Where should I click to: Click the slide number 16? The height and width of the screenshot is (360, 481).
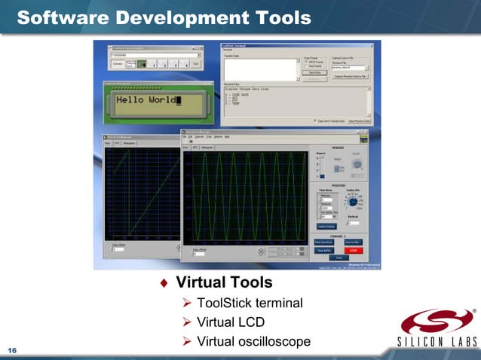12,350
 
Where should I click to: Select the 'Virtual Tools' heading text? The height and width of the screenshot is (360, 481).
224,282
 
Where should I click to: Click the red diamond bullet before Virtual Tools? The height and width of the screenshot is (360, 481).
164,283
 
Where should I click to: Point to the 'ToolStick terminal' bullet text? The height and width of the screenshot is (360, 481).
250,303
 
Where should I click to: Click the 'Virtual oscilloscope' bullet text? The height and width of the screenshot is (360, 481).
253,342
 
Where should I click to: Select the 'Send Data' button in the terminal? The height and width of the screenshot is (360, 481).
316,72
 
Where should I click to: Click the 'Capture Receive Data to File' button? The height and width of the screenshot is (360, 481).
350,76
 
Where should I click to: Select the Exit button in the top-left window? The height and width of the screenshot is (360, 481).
196,65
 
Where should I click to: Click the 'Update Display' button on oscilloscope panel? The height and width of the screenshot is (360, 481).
326,226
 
